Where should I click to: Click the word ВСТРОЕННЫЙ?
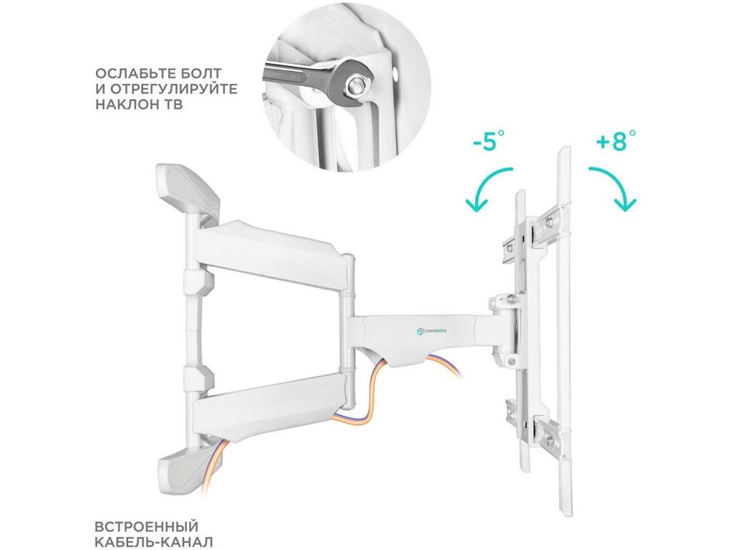[147, 526]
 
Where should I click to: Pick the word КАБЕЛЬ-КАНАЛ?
[154, 542]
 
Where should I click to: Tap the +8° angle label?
[616, 141]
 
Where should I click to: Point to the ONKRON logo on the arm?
[431, 332]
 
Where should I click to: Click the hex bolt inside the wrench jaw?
[355, 85]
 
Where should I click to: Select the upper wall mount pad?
[188, 189]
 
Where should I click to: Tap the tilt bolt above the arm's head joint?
[512, 298]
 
